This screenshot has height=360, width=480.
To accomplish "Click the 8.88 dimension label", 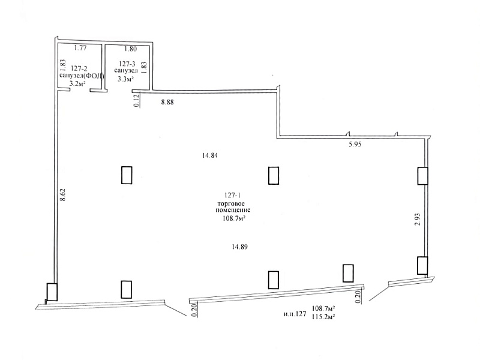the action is (167, 102).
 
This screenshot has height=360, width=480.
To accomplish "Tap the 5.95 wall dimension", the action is (355, 145).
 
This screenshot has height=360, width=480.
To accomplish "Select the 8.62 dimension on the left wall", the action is (63, 194).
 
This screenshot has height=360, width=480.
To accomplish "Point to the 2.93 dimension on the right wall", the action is (417, 219).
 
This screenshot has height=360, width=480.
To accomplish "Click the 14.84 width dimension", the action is (210, 155).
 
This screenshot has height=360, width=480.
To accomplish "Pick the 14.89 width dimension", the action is (239, 247).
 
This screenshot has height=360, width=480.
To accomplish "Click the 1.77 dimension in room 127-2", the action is (80, 48).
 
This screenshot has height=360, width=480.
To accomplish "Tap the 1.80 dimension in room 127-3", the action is (130, 49).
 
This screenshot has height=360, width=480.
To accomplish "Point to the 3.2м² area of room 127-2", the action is (77, 83).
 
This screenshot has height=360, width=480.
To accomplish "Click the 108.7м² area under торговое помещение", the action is (235, 218).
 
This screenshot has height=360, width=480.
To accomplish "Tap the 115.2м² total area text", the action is (323, 317).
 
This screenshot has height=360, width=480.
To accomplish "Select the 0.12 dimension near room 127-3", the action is (137, 100).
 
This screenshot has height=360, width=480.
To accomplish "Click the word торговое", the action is (231, 203).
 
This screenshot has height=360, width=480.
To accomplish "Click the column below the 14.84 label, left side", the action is (127, 175).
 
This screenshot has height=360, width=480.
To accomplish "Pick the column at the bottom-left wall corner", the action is (52, 292).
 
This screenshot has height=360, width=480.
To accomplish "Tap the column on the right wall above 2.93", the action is (423, 176).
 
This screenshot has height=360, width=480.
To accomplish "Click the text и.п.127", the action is (295, 314).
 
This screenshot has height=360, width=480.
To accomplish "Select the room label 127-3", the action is (127, 64).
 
